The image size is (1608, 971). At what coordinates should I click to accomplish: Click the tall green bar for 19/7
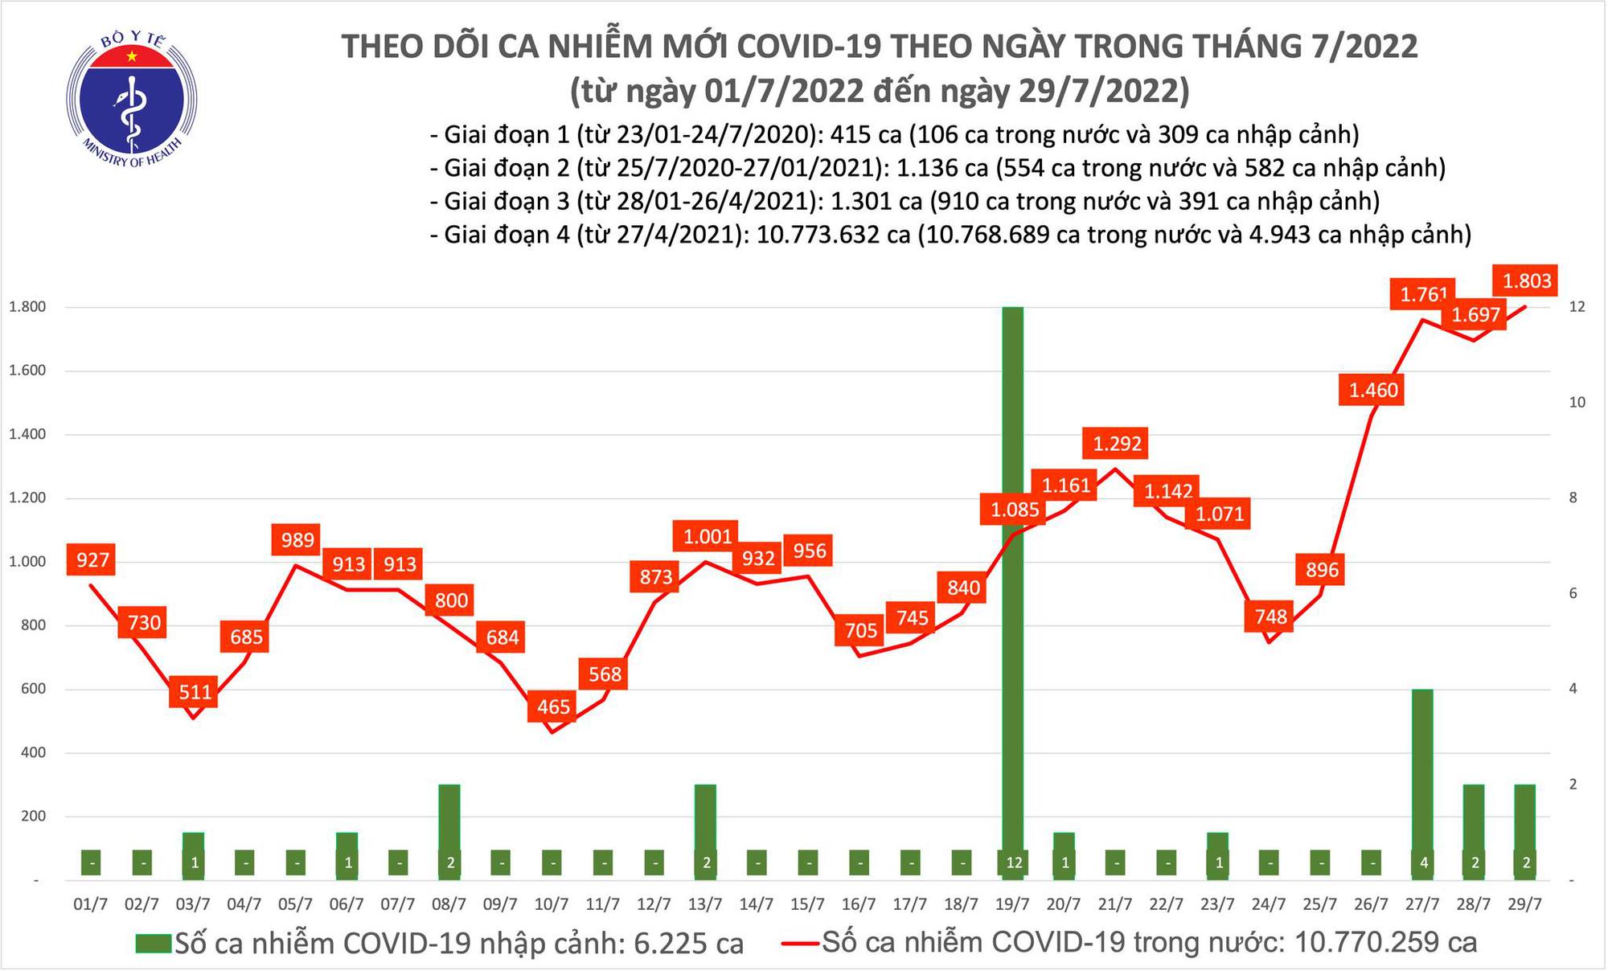pyautogui.click(x=1013, y=587)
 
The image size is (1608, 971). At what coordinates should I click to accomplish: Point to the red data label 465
pyautogui.click(x=553, y=707)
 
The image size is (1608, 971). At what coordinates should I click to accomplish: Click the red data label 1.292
pyautogui.click(x=1117, y=444)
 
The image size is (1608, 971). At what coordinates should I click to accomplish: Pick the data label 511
pyautogui.click(x=195, y=691)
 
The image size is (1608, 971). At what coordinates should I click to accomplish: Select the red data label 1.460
pyautogui.click(x=1373, y=391)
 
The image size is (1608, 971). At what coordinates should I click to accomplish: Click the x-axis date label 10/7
pyautogui.click(x=552, y=904)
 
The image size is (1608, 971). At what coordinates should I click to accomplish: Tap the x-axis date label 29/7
pyautogui.click(x=1524, y=904)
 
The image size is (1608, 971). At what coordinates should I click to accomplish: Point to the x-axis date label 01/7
pyautogui.click(x=90, y=904)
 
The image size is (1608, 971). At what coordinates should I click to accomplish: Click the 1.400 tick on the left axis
pyautogui.click(x=27, y=434)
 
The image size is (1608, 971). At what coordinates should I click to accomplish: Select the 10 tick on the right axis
pyautogui.click(x=1577, y=402)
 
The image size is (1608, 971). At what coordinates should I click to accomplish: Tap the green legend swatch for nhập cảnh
pyautogui.click(x=154, y=943)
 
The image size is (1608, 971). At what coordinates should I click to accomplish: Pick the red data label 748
pyautogui.click(x=1270, y=617)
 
